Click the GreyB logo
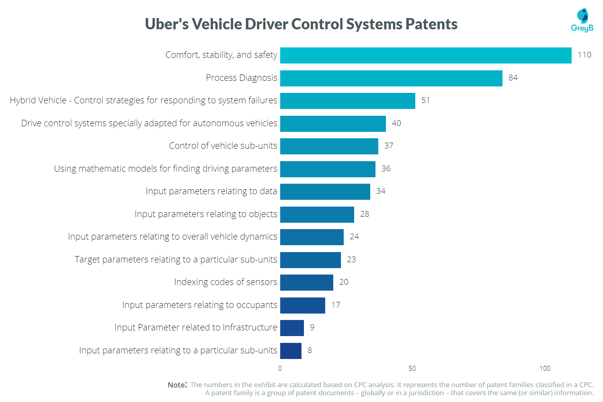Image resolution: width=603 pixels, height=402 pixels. click(582, 20)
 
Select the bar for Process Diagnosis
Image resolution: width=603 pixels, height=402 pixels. click(391, 78)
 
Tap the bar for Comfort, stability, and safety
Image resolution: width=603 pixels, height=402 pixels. click(426, 55)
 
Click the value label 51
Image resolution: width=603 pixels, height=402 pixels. click(425, 100)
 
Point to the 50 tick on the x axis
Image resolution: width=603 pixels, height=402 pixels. click(412, 368)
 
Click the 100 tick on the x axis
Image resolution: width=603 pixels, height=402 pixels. click(545, 368)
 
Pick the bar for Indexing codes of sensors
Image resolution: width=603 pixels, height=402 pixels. click(307, 283)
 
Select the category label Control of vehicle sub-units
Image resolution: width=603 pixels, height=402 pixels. click(223, 146)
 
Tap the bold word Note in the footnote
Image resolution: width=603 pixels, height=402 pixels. click(177, 385)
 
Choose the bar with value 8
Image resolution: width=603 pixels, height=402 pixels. click(291, 351)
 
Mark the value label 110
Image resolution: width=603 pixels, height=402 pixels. click(585, 55)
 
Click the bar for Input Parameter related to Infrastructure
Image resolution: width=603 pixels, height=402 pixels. click(292, 328)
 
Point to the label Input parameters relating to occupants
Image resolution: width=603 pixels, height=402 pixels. click(199, 305)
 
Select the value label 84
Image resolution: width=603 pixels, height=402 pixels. click(513, 78)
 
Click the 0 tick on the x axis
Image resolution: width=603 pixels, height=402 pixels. click(280, 368)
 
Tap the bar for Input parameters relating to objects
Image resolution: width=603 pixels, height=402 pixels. click(317, 215)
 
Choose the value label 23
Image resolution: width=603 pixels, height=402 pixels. click(351, 259)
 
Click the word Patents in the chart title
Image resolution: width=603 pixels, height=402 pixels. click(431, 24)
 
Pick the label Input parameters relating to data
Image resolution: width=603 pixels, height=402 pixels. click(211, 191)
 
